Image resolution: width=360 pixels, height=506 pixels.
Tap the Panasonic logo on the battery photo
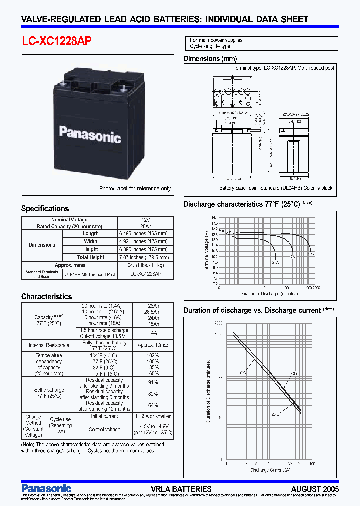[x=90, y=134]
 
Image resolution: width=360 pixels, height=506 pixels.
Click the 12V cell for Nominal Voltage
[x=145, y=220]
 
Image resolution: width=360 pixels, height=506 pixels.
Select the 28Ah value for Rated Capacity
[x=145, y=226]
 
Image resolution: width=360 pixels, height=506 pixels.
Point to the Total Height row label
[x=90, y=257]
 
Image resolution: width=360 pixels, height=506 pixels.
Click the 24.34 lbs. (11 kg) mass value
[x=145, y=265]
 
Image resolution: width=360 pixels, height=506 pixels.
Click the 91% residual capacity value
[x=153, y=383]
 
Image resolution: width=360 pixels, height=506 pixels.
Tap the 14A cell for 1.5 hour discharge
[x=153, y=333]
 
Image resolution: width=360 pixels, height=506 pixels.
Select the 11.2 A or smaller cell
[x=153, y=416]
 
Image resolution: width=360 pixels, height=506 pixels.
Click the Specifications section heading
[x=45, y=209]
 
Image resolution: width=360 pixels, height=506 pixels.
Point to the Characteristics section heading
[x=46, y=297]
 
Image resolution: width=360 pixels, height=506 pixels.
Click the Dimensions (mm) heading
[x=210, y=59]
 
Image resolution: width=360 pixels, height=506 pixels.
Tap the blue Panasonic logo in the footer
[x=46, y=488]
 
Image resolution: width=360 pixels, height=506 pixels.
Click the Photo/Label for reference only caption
[x=135, y=188]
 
